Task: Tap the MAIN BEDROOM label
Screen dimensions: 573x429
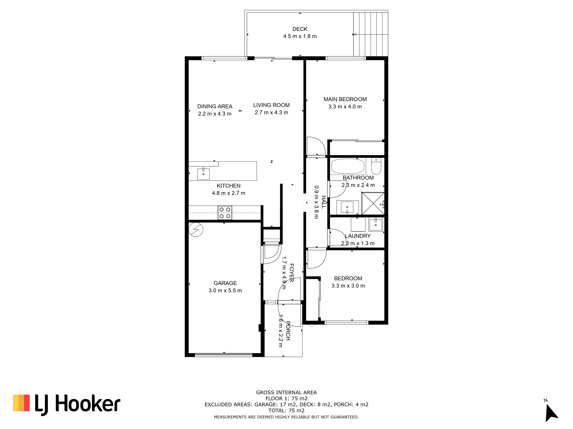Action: click(345, 99)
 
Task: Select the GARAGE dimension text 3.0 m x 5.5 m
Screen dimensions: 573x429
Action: click(225, 290)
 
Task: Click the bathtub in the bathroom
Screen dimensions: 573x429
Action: click(348, 166)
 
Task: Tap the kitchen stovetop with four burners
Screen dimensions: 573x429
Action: click(225, 212)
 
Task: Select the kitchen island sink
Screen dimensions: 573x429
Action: click(203, 174)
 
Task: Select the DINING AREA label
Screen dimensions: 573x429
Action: click(215, 106)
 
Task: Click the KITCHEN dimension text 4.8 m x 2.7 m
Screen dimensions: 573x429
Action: click(228, 193)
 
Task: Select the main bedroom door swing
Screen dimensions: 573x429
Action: click(316, 146)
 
